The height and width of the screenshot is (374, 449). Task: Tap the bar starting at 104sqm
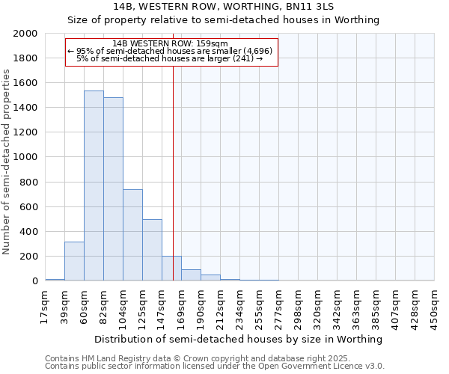(132, 235)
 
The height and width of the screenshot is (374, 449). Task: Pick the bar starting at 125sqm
(152, 250)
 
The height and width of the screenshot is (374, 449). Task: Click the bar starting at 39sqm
(74, 261)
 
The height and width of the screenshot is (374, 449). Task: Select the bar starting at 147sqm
(171, 269)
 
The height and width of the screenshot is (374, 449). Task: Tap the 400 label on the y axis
(30, 232)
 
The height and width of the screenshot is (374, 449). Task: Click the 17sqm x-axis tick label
(46, 307)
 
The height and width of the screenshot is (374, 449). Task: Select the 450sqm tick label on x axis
(435, 307)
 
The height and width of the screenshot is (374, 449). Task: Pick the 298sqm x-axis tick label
(299, 307)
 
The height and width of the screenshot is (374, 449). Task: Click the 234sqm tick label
(240, 307)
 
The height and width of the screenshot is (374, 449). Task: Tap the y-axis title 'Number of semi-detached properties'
(7, 162)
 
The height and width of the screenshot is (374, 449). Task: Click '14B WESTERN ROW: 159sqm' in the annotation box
(170, 43)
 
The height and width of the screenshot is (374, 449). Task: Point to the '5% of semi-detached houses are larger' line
(170, 58)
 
